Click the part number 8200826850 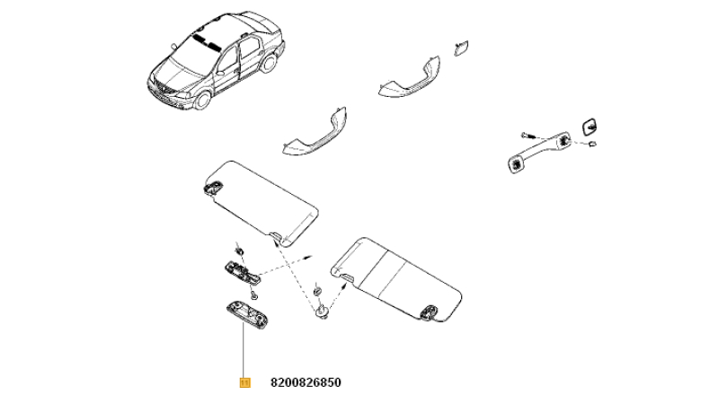click(306, 382)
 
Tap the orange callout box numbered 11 click(245, 382)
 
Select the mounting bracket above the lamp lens click(241, 273)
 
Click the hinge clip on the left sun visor click(213, 187)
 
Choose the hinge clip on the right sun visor click(431, 312)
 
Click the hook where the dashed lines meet click(323, 312)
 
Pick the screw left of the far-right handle click(528, 136)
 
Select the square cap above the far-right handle click(590, 127)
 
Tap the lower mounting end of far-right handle click(518, 163)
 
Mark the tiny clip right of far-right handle click(592, 145)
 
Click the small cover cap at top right click(461, 48)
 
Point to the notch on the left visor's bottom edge click(277, 236)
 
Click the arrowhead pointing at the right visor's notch click(343, 286)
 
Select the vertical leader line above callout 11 click(244, 350)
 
